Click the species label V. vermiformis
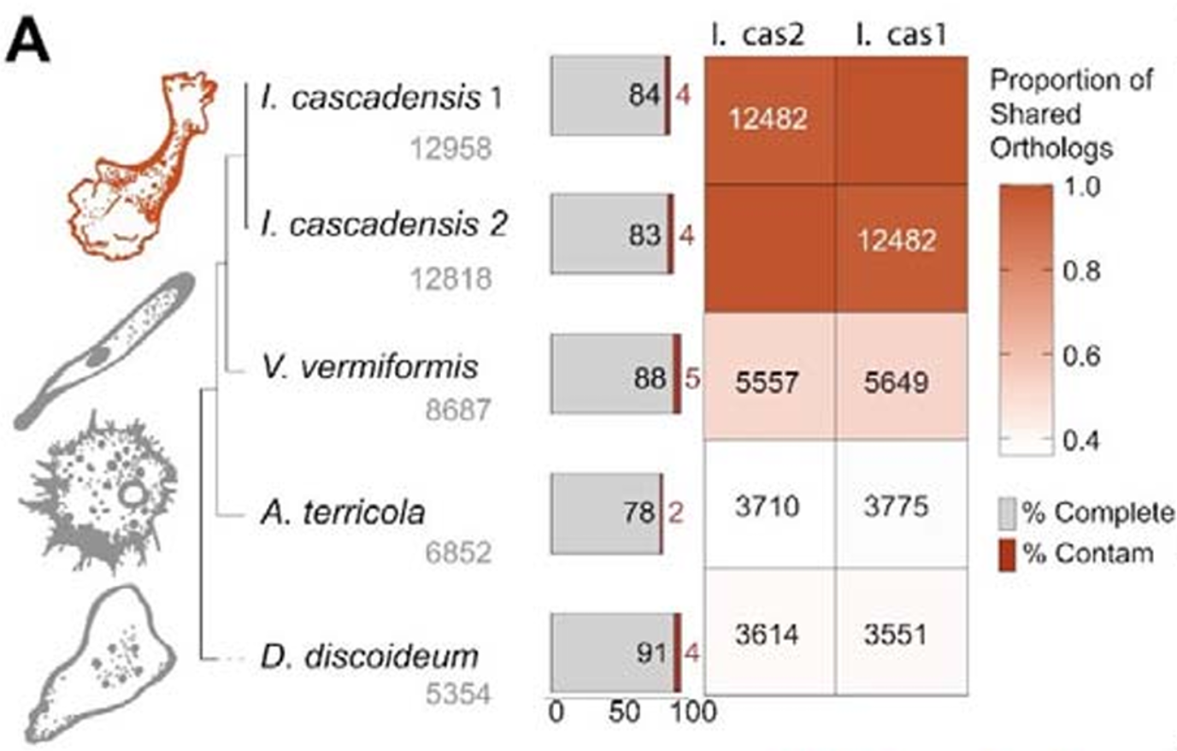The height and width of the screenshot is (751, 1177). tap(369, 367)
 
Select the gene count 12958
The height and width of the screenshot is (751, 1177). tap(450, 149)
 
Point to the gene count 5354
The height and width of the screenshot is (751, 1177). tap(458, 694)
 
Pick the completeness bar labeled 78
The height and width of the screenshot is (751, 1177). tap(604, 512)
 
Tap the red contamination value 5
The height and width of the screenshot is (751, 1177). tap(692, 377)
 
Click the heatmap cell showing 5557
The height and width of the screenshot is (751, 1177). tap(768, 381)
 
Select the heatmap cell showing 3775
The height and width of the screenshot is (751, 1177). tap(896, 506)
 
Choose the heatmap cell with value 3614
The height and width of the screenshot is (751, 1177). tap(768, 635)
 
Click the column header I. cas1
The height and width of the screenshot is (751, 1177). tap(901, 35)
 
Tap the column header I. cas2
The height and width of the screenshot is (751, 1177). tap(759, 35)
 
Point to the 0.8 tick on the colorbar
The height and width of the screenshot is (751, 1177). tap(1081, 272)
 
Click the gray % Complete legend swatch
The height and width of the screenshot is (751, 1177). tap(1008, 513)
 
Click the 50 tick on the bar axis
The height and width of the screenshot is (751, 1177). tap(625, 712)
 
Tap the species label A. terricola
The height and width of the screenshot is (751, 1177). tap(343, 512)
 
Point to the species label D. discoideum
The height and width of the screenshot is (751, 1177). tap(368, 656)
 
